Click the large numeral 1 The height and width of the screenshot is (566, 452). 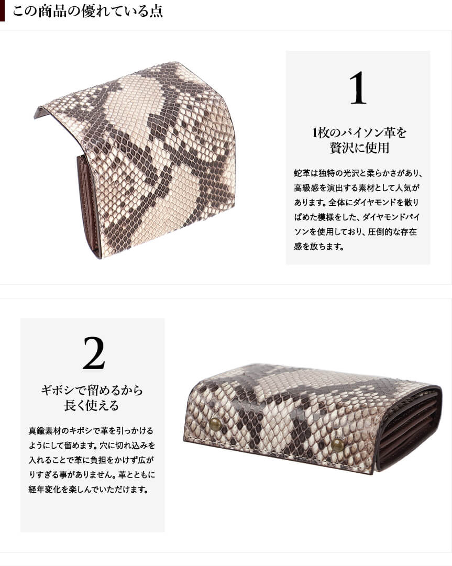358,88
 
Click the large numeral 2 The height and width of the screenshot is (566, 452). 94,353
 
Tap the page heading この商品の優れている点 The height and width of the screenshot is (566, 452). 87,11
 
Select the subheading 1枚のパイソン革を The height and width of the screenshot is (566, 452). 359,133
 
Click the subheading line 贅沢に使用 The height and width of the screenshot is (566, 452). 359,148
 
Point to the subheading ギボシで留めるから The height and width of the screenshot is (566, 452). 92,390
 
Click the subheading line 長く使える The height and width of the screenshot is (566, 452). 92,405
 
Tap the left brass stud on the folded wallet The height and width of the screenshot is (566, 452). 216,424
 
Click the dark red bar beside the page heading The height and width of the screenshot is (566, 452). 2,11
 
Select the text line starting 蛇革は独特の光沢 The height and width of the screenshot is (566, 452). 358,173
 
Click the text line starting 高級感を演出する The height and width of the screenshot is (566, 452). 357,187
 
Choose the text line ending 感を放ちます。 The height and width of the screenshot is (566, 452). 319,247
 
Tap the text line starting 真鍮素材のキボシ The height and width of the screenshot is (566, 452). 91,431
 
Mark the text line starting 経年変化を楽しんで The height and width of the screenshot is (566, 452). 89,490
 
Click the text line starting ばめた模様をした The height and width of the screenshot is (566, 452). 357,217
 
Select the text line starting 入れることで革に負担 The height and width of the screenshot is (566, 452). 92,460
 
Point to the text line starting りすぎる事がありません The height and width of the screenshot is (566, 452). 92,475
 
